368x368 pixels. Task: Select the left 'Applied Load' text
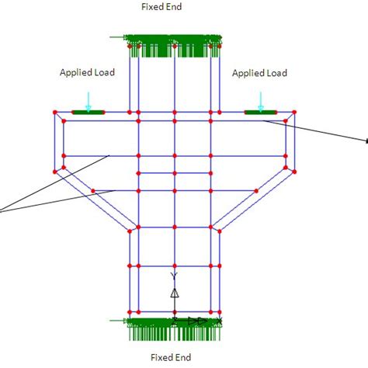87,73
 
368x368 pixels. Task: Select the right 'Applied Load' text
259,73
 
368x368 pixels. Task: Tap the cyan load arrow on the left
89,101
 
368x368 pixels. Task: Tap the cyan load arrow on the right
261,101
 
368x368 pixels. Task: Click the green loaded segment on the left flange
88,113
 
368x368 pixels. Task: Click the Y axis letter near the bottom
175,276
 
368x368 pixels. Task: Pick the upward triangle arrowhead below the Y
175,293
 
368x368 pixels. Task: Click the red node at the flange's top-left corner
54,113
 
